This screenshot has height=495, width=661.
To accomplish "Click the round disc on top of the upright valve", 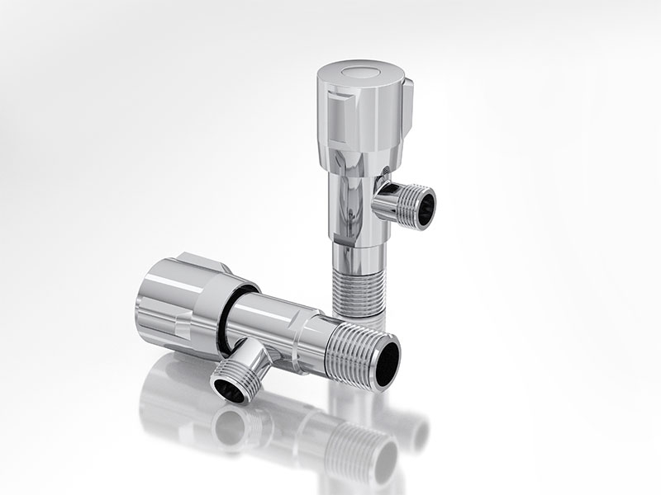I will tap(361, 71).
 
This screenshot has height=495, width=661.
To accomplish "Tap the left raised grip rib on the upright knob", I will tap(333, 110).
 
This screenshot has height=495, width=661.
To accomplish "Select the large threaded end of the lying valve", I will tap(355, 351).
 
